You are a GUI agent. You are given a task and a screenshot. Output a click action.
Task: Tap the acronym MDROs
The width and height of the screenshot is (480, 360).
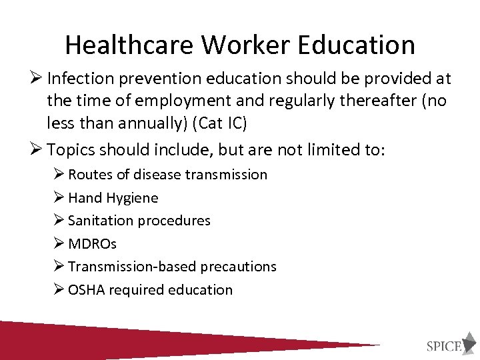92,244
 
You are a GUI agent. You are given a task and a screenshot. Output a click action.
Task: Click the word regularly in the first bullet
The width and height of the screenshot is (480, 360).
299,101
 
